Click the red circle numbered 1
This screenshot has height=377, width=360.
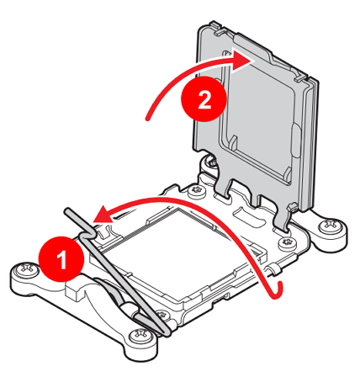pyautogui.click(x=61, y=259)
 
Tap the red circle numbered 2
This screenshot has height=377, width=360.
pyautogui.click(x=204, y=98)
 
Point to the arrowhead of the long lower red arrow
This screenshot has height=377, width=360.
pyautogui.click(x=103, y=215)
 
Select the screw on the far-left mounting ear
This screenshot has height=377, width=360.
pyautogui.click(x=27, y=270)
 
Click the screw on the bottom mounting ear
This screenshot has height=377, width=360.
pyautogui.click(x=140, y=335)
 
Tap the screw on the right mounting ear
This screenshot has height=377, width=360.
pyautogui.click(x=331, y=226)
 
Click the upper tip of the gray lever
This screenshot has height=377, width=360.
pyautogui.click(x=68, y=211)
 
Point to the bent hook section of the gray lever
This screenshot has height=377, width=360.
pyautogui.click(x=87, y=235)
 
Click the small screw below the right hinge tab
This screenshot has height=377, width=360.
pyautogui.click(x=289, y=243)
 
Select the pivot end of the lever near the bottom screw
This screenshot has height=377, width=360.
pyautogui.click(x=166, y=332)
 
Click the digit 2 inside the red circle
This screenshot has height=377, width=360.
pyautogui.click(x=204, y=100)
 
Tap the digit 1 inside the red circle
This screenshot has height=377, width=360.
pyautogui.click(x=62, y=259)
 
